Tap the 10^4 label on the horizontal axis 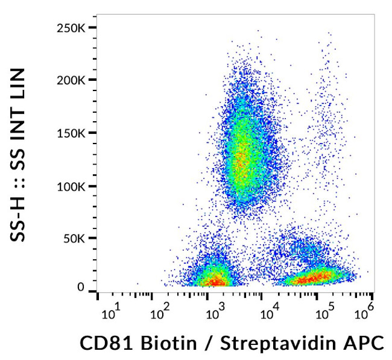point(269,313)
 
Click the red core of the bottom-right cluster point(314,277)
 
